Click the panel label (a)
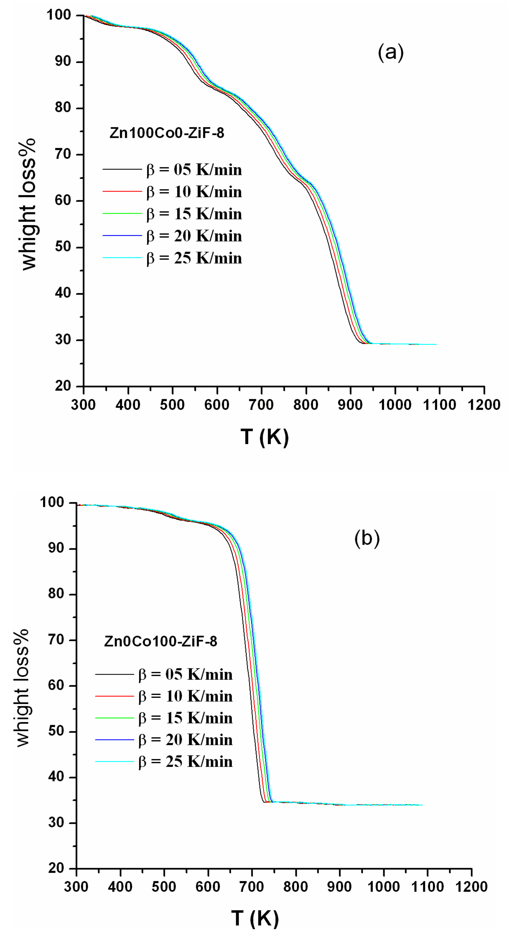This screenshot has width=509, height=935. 391,53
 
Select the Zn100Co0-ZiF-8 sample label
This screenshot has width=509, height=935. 167,133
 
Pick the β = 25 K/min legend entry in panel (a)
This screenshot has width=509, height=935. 194,258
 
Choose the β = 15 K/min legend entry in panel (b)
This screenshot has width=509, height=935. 185,718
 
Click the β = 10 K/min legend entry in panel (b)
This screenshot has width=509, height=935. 185,696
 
